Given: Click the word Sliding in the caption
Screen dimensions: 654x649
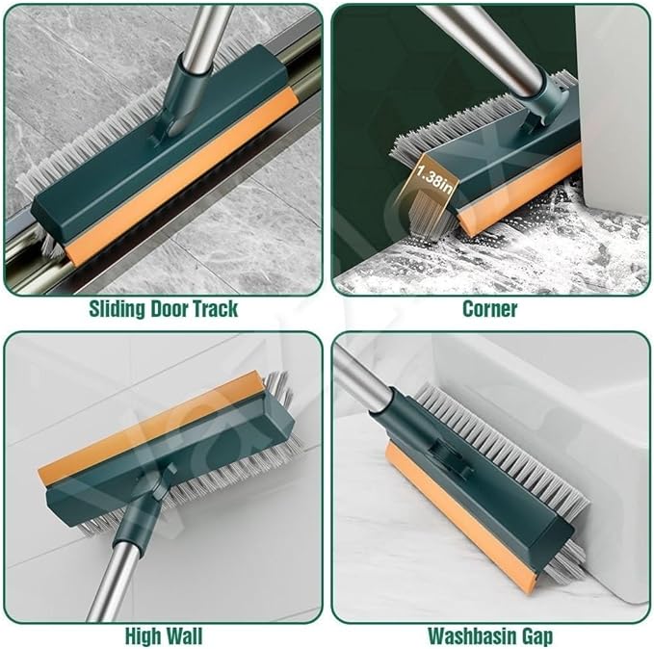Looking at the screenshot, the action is tap(117, 309).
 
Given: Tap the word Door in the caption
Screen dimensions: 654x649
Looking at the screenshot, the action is tap(170, 309).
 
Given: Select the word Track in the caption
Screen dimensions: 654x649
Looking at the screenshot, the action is tap(216, 309).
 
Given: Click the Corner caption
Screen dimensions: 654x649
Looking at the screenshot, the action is tap(490, 309).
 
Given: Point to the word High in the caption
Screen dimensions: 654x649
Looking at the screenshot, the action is tap(144, 636).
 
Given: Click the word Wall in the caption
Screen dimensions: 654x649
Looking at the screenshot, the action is tap(184, 636).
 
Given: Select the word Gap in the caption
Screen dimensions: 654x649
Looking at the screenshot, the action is tap(538, 637).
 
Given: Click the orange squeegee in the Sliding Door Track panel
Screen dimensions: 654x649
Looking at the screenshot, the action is tap(182, 178).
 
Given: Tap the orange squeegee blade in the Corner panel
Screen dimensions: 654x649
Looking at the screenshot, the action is tap(519, 190).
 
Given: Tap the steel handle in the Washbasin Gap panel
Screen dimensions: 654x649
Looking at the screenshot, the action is tap(362, 378).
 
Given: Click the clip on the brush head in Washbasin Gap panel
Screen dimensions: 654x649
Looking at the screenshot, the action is tap(452, 461).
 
